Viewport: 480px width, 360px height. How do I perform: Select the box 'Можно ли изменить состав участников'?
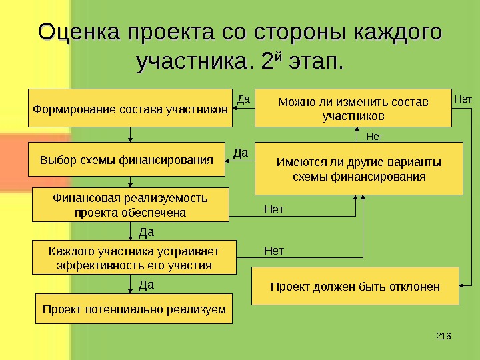tap(353, 107)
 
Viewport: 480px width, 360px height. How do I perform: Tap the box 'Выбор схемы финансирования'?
tap(127, 159)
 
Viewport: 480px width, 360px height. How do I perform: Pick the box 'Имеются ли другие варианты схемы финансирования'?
tap(359, 168)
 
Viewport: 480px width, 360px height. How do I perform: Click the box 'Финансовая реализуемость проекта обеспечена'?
tap(130, 205)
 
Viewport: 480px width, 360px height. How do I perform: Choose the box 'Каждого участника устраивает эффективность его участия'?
tap(134, 257)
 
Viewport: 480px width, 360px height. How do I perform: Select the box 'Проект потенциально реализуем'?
tap(134, 309)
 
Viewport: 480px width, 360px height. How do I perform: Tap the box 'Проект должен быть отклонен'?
tap(355, 287)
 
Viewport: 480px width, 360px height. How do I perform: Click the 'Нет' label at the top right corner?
tap(463, 99)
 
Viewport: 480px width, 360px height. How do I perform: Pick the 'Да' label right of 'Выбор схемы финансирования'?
tap(241, 153)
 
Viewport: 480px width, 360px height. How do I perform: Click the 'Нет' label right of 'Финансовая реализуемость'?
tap(273, 210)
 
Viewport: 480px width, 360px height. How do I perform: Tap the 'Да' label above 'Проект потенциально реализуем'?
tap(146, 285)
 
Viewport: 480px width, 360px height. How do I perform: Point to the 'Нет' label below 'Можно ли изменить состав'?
tap(376, 137)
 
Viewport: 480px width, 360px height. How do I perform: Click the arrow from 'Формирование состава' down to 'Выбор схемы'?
tap(130, 134)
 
